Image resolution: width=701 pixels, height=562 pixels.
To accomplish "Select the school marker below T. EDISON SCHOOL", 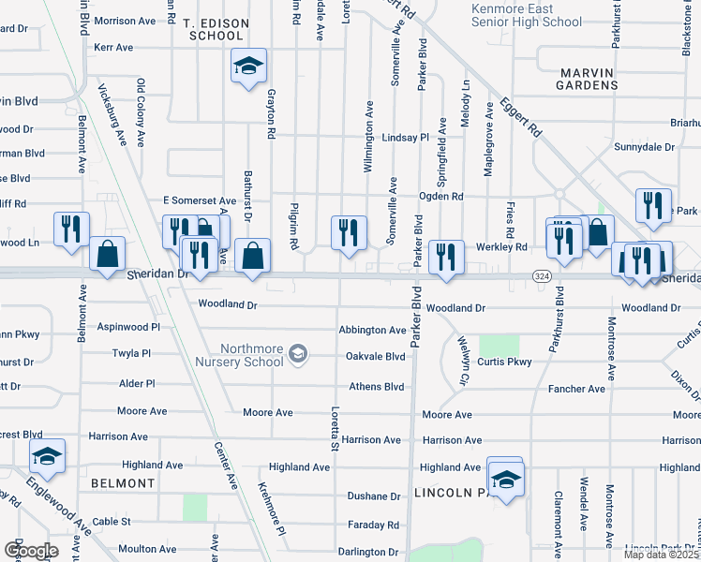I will (248, 67).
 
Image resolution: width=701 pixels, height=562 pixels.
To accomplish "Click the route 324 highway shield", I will (541, 277).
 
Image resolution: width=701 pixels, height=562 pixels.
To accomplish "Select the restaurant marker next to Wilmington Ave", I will (349, 230).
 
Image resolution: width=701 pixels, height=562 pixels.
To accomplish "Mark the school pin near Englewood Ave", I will (46, 457).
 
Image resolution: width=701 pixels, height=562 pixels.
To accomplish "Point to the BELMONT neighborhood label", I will (123, 483).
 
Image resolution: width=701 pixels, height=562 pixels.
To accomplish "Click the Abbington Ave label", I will (372, 330).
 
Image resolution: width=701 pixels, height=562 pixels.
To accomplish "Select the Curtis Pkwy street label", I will (504, 362).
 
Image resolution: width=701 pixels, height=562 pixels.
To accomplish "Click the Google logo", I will (31, 551).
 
